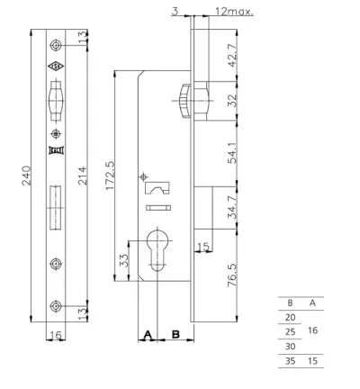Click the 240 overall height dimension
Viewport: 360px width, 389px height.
[27, 176]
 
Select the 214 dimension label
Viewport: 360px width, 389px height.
[82, 176]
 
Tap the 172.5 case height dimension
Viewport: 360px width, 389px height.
[110, 176]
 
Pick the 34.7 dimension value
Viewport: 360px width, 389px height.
[232, 207]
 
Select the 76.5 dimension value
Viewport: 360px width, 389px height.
[232, 275]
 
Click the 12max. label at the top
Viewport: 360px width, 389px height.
[234, 12]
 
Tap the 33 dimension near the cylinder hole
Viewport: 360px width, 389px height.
[123, 260]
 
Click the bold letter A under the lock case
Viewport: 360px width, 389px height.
[148, 334]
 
